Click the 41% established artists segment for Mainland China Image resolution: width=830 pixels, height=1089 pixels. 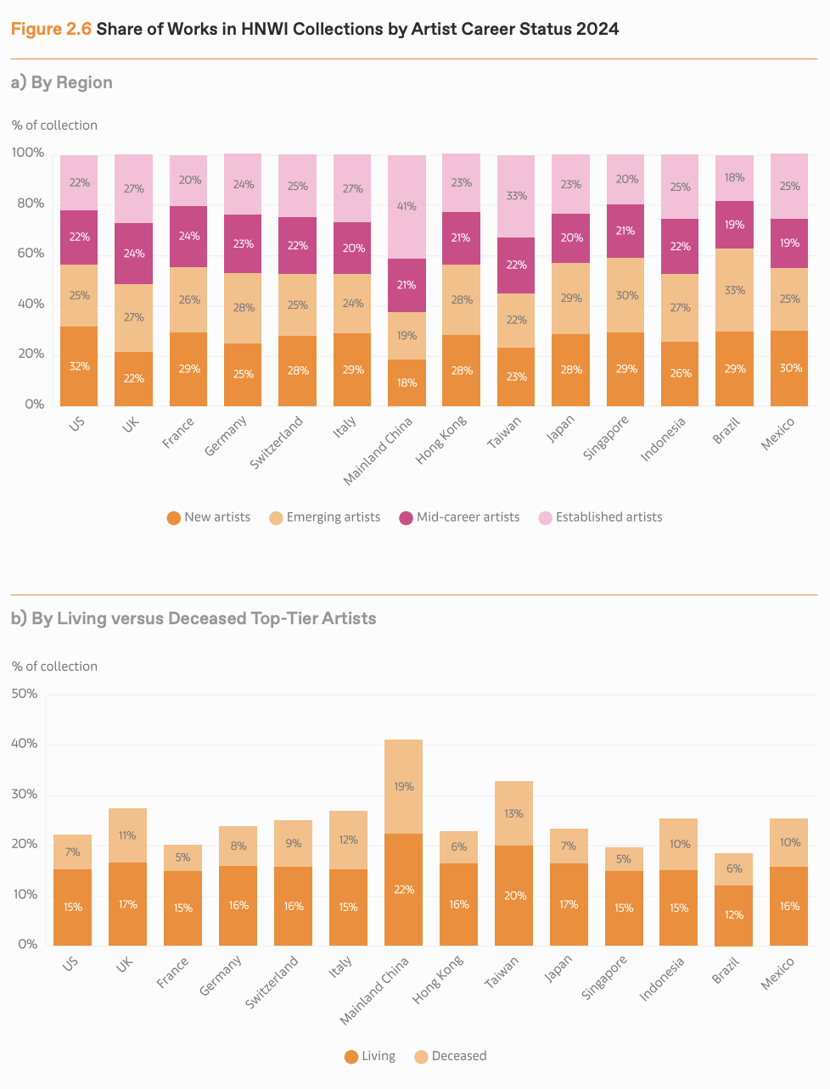[407, 207]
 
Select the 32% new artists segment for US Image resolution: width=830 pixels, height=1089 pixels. [79, 366]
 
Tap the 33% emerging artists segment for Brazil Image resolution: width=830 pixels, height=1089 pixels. [734, 290]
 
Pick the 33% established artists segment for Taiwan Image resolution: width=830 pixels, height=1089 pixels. [516, 196]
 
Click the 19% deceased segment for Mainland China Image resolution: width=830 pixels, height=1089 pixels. [403, 786]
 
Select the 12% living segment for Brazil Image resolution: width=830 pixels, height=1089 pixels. [733, 915]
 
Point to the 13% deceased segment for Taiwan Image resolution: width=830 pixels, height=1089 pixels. [513, 813]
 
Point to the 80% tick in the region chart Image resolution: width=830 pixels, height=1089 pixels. [28, 204]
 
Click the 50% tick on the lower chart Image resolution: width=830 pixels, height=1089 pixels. [24, 694]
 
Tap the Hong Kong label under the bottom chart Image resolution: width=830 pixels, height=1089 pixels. [439, 980]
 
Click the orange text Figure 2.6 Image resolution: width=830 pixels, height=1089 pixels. [50, 30]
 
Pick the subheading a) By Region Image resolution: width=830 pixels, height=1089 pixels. [61, 82]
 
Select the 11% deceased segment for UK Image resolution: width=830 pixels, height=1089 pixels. [127, 835]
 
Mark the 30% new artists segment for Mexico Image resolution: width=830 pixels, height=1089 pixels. [789, 368]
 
